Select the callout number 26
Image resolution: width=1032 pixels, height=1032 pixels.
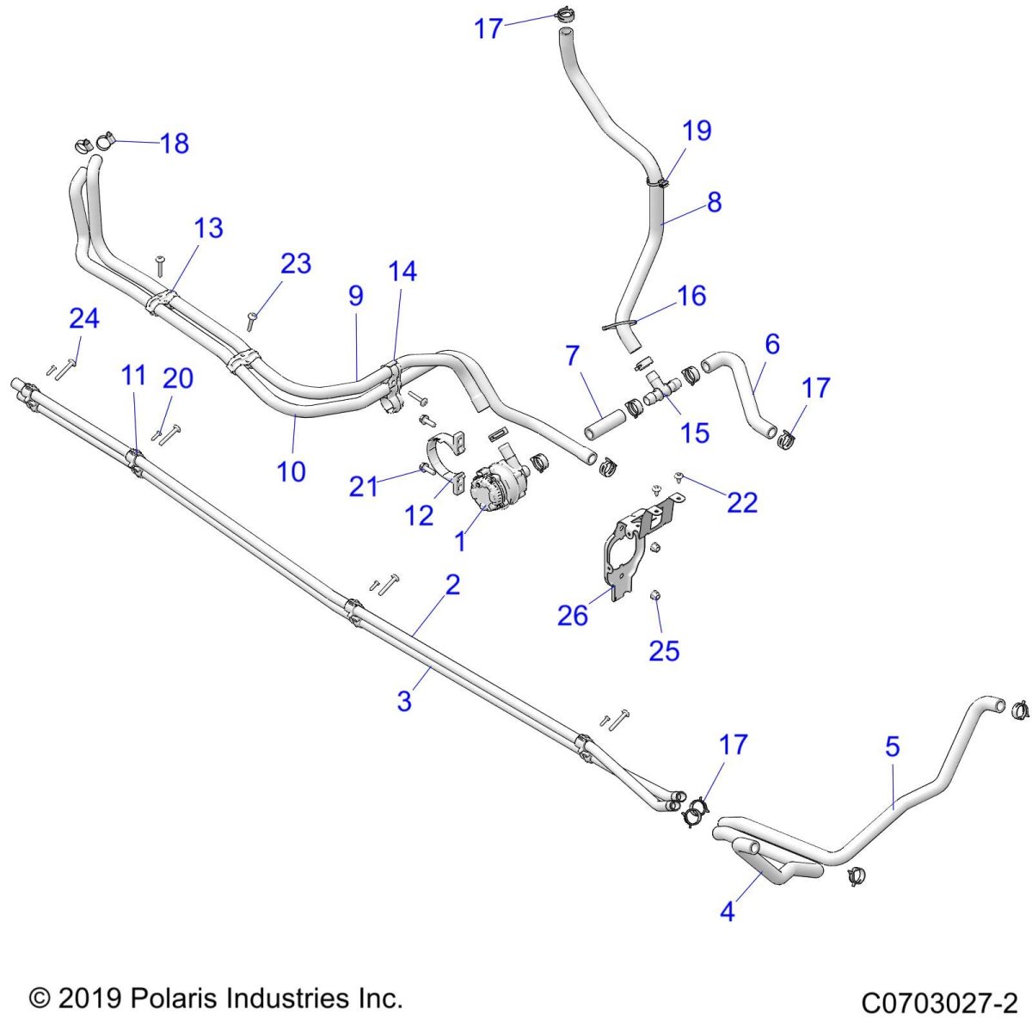pyautogui.click(x=573, y=616)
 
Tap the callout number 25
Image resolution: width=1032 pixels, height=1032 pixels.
pyautogui.click(x=664, y=651)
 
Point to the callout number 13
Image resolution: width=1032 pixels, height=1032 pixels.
pyautogui.click(x=208, y=228)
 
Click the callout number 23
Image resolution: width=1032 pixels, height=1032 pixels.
pyautogui.click(x=296, y=263)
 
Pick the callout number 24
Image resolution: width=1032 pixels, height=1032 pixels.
pyautogui.click(x=84, y=319)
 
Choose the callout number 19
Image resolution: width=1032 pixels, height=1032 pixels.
pyautogui.click(x=697, y=131)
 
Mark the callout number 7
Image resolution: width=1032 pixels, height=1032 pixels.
pyautogui.click(x=573, y=355)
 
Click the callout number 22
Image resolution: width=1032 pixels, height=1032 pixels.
pyautogui.click(x=742, y=502)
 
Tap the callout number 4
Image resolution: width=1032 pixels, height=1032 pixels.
pyautogui.click(x=728, y=911)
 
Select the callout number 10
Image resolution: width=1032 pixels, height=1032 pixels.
pyautogui.click(x=291, y=471)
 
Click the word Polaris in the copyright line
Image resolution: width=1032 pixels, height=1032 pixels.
pyautogui.click(x=174, y=998)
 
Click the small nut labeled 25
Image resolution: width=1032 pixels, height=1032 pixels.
pyautogui.click(x=654, y=594)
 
